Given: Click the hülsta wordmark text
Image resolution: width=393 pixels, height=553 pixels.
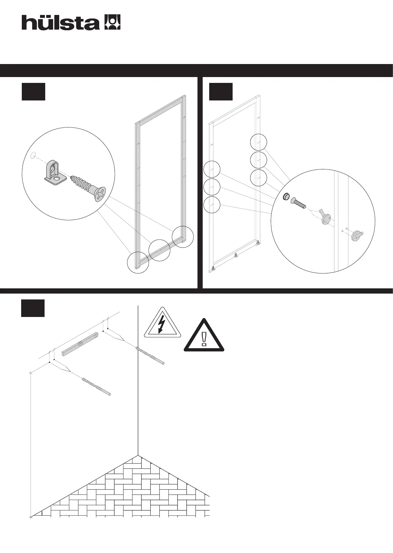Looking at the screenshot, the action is point(61,23).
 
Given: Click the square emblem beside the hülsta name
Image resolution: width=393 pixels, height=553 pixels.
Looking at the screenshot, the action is point(112,22).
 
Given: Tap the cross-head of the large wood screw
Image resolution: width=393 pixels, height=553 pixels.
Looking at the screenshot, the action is point(101,194).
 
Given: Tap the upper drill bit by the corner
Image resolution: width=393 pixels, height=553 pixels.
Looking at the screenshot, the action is point(150,355).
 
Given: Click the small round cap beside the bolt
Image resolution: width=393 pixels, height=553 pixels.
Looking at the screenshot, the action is point(286,197).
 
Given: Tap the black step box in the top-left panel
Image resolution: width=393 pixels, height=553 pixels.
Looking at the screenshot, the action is point(33,92).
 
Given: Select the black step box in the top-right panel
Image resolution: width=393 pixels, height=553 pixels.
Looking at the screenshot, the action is point(221,92).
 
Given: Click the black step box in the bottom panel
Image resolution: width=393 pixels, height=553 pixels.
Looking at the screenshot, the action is point(33,308).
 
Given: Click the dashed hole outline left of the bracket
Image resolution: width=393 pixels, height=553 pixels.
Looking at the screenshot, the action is point(33,156).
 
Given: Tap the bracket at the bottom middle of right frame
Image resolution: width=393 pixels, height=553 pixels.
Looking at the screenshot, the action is point(237,255).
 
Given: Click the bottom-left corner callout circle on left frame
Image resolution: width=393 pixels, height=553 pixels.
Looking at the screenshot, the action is point(138,262).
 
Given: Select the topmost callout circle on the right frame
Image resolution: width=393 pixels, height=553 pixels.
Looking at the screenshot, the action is point(259,142).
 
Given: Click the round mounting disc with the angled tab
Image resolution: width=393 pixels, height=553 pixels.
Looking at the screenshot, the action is point(326,219).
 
